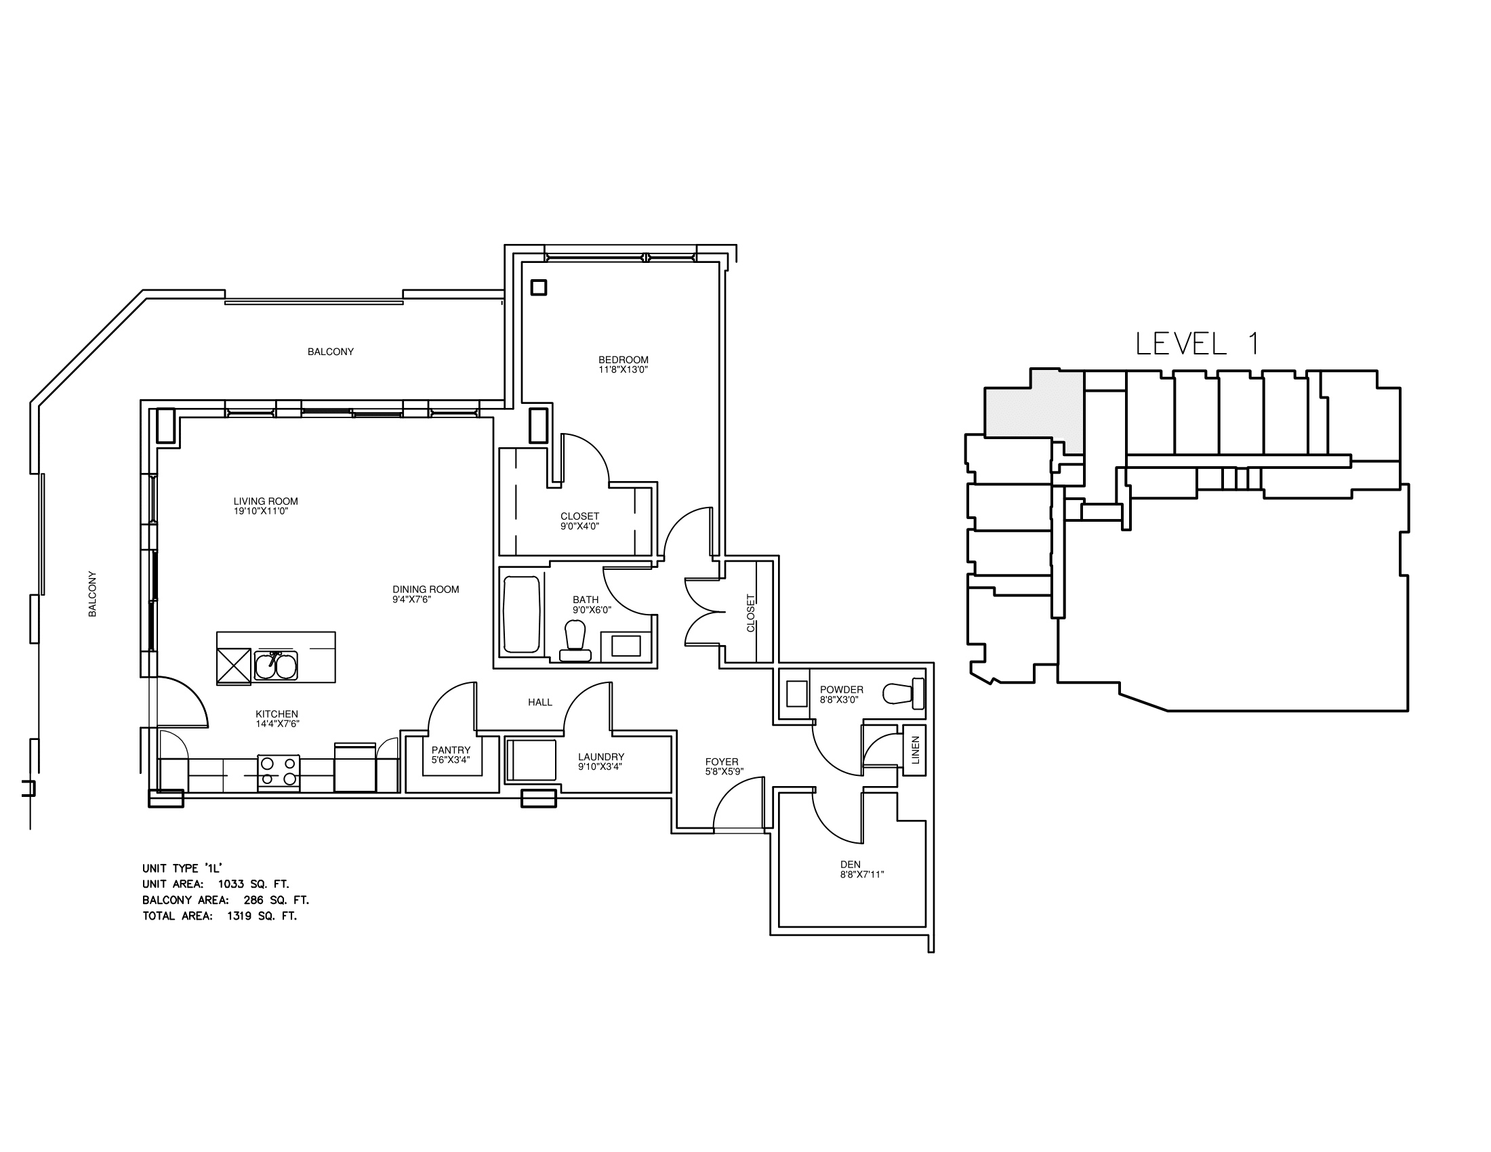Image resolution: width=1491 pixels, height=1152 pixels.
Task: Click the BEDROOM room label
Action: [x=623, y=360]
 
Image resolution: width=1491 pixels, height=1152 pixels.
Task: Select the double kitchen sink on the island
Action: [x=276, y=665]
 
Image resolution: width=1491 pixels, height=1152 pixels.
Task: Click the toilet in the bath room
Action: [x=575, y=642]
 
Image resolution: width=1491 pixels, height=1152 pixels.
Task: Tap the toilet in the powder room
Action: [x=903, y=693]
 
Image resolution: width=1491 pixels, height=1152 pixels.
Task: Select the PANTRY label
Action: [x=451, y=750]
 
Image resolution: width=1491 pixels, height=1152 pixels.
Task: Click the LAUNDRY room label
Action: [x=600, y=756]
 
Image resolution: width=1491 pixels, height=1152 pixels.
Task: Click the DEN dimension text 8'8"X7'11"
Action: [x=862, y=874]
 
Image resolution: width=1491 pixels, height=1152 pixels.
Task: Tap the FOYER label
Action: [x=722, y=762]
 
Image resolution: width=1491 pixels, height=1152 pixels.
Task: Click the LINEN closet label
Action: [x=916, y=749]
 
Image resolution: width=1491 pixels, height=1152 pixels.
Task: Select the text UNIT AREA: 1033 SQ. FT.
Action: [x=216, y=884]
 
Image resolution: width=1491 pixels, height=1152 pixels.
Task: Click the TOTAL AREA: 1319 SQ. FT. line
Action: [x=220, y=916]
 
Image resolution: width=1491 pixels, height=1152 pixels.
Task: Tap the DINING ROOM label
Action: [x=426, y=590]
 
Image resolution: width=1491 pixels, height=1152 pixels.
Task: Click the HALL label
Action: [x=539, y=701]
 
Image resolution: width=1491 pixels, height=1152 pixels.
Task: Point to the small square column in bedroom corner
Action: [x=539, y=287]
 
